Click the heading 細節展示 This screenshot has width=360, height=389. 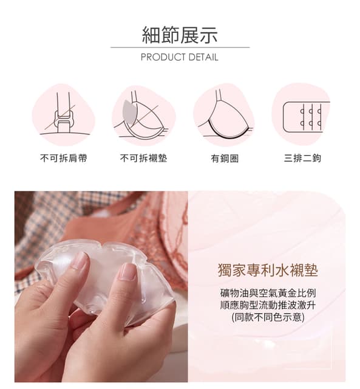click(180, 35)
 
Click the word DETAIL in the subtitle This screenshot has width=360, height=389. click(203, 58)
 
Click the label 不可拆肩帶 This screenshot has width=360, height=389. click(63, 158)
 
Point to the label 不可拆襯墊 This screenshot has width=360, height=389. click(143, 158)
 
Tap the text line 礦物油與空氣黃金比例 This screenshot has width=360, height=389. click(268, 292)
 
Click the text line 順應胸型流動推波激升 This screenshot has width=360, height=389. click(268, 305)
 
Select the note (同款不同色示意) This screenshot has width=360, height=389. click(268, 317)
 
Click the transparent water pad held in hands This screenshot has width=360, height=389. click(103, 274)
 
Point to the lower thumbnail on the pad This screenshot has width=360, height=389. click(128, 271)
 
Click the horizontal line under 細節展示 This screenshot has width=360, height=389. click(180, 47)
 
